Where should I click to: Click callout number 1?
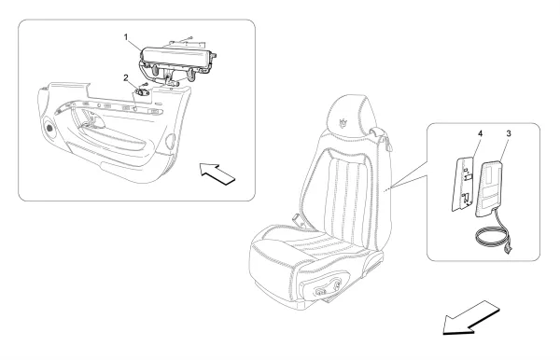point(126,36)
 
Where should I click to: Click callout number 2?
point(126,77)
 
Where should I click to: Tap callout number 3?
point(509,133)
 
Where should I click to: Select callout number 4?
point(481,133)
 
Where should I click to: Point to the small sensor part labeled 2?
point(142,92)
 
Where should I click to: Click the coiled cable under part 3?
point(492,235)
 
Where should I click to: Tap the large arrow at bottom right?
point(470,318)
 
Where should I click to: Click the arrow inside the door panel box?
point(217,173)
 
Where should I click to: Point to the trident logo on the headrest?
point(343,121)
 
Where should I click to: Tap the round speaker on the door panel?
point(49,128)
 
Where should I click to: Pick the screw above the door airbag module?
point(189,37)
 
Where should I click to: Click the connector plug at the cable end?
point(509,249)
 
